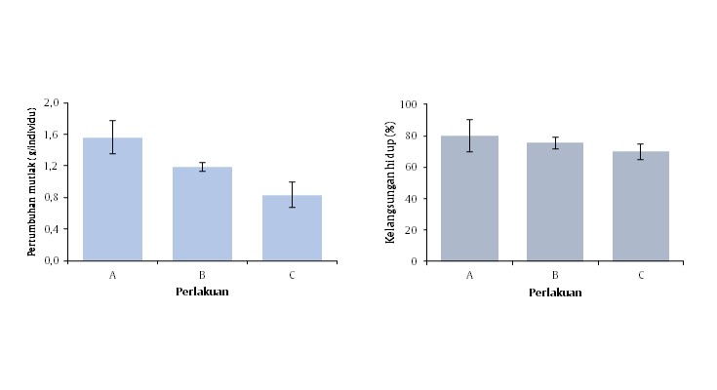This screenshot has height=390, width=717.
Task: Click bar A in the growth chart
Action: (113, 200)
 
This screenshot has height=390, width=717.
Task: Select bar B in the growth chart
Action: (202, 214)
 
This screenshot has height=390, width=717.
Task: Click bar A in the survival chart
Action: (470, 200)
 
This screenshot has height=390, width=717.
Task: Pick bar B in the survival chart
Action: (555, 203)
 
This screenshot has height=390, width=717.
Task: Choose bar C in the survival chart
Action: (641, 207)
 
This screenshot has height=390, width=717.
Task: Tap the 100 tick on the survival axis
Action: (409, 104)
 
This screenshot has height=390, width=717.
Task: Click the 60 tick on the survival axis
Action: (412, 167)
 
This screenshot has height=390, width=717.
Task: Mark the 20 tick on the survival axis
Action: (412, 230)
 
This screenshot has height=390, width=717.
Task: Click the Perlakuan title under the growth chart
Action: (202, 292)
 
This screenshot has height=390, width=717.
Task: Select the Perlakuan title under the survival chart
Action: (555, 292)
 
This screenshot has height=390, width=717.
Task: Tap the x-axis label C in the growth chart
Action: (292, 276)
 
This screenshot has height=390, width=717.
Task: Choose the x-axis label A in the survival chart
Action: (470, 276)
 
